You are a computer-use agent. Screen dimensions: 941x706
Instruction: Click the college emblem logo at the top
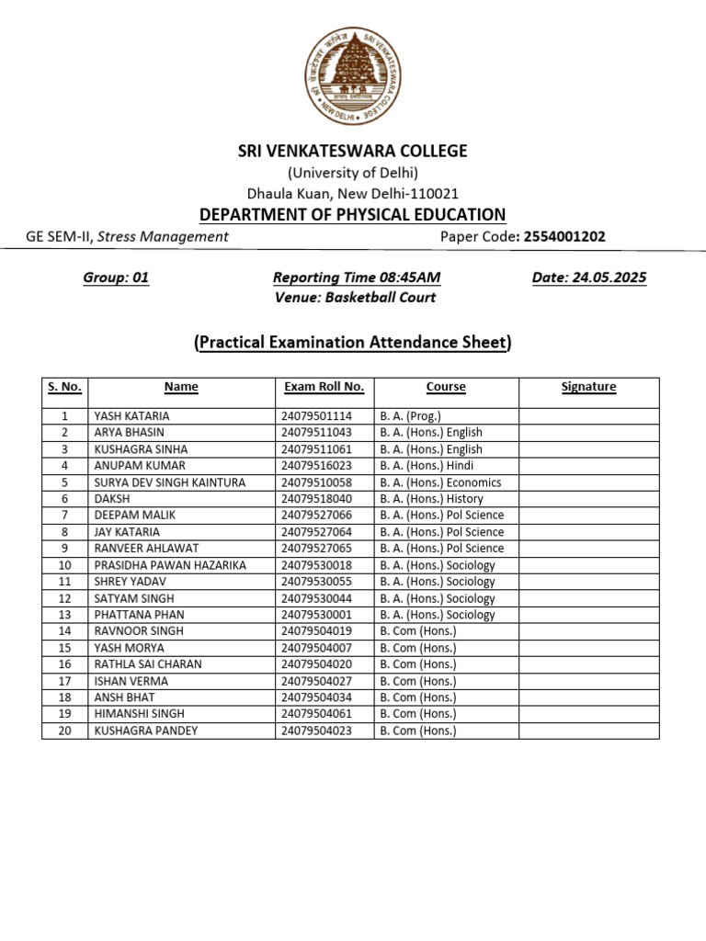point(353,76)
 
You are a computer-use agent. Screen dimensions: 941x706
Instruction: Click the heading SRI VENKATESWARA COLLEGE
point(353,151)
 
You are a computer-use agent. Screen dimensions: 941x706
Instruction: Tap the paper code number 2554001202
point(564,236)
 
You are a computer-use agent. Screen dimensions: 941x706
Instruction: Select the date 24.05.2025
point(588,278)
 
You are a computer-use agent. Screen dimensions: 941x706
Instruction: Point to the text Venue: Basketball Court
point(355,297)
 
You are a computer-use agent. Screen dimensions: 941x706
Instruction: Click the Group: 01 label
point(116,278)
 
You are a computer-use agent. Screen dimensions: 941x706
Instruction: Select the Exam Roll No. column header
point(324,387)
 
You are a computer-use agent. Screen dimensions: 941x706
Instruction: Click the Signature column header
point(588,387)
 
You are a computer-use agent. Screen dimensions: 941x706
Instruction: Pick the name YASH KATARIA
point(131,416)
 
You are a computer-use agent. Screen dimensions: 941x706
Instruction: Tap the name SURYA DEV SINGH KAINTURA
point(170,482)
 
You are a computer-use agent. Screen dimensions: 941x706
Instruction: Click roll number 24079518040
point(316,499)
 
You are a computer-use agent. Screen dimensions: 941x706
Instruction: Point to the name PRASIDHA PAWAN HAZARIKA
point(170,565)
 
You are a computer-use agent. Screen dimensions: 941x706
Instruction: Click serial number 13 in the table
point(65,615)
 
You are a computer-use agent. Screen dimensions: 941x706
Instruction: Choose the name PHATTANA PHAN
point(139,615)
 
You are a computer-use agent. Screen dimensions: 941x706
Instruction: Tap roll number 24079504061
point(316,714)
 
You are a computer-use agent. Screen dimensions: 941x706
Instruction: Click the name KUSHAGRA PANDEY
point(145,731)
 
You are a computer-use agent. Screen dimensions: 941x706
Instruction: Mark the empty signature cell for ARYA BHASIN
point(588,433)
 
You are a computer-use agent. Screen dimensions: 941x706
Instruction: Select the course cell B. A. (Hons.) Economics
point(440,482)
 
